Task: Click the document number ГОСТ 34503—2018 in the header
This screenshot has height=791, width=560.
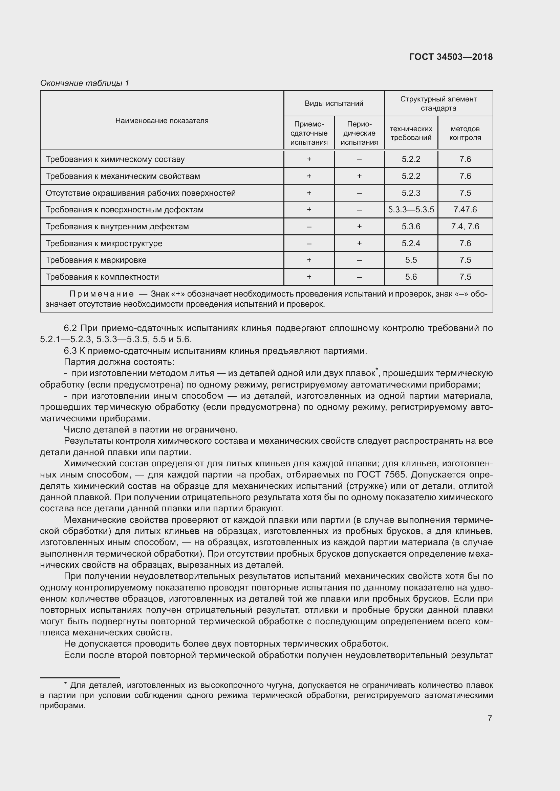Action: pos(451,57)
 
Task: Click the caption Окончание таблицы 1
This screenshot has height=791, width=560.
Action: pos(85,83)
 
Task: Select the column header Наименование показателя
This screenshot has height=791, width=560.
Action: pos(162,121)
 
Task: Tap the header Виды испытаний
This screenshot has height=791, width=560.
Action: pos(334,103)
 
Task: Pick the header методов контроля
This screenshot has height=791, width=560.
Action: pos(465,133)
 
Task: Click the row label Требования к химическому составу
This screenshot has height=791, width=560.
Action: pos(115,159)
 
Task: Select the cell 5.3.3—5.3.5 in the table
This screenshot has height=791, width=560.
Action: pos(411,209)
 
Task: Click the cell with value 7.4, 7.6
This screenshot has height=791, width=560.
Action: pos(465,226)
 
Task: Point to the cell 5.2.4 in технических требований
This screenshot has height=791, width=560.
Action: pos(411,243)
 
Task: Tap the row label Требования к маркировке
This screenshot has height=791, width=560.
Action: pos(96,260)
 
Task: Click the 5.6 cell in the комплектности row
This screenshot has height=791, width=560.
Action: pos(411,277)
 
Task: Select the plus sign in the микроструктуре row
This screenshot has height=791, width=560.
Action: pos(359,243)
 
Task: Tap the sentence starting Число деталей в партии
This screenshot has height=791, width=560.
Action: pos(151,429)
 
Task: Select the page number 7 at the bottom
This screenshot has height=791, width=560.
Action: pos(490,719)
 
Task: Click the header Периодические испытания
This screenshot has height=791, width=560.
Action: pos(359,133)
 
